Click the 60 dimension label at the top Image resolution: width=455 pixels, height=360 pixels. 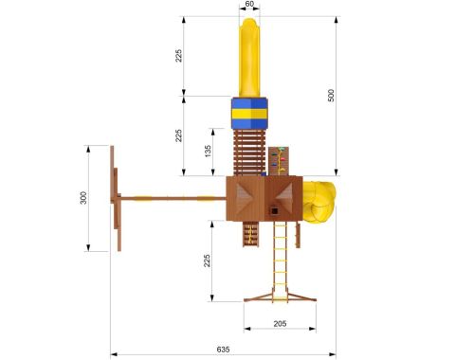[x=249, y=4]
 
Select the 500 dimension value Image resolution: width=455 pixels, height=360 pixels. [x=331, y=96]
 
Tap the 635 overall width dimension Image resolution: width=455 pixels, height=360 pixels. [x=223, y=350]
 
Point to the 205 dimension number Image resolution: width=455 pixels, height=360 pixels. [x=280, y=323]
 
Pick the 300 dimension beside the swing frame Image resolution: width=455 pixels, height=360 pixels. [x=83, y=198]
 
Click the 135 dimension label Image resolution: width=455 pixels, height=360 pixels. [x=208, y=152]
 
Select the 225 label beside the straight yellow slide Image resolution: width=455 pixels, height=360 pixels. [x=179, y=56]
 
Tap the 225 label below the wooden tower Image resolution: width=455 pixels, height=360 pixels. [x=207, y=261]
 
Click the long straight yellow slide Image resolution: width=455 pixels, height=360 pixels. [x=249, y=58]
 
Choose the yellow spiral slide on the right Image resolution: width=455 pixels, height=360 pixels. [x=318, y=202]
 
